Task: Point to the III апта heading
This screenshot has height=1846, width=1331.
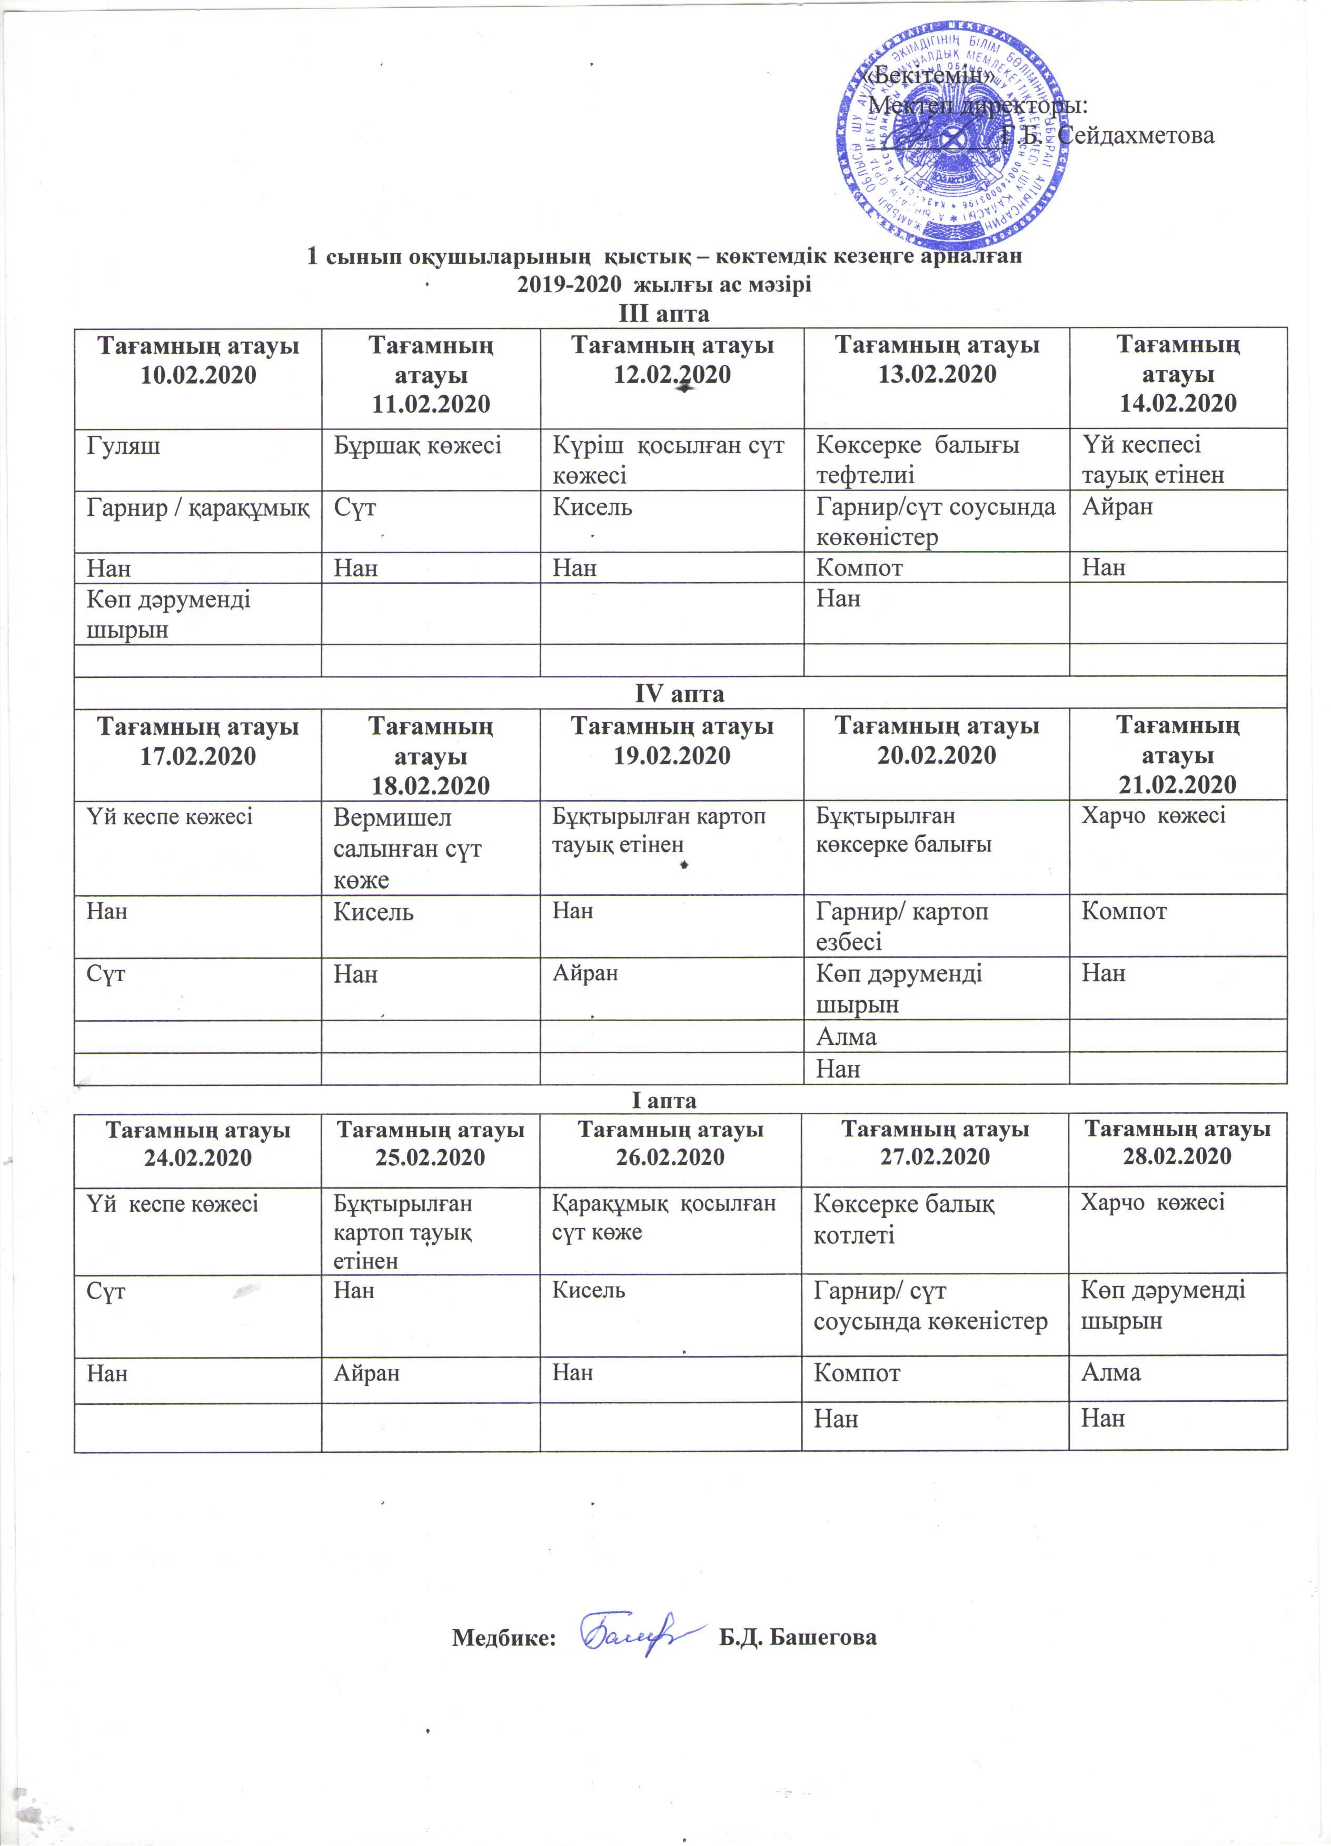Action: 664,313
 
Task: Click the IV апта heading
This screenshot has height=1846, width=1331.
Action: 679,693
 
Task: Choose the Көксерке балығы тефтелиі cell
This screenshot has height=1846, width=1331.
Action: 918,460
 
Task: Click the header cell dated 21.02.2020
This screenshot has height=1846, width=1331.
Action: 1177,754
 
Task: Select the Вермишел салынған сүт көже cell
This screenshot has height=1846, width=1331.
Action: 407,848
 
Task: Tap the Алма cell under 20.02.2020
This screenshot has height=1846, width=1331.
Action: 846,1037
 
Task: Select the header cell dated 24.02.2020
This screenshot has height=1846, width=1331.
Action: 198,1144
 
